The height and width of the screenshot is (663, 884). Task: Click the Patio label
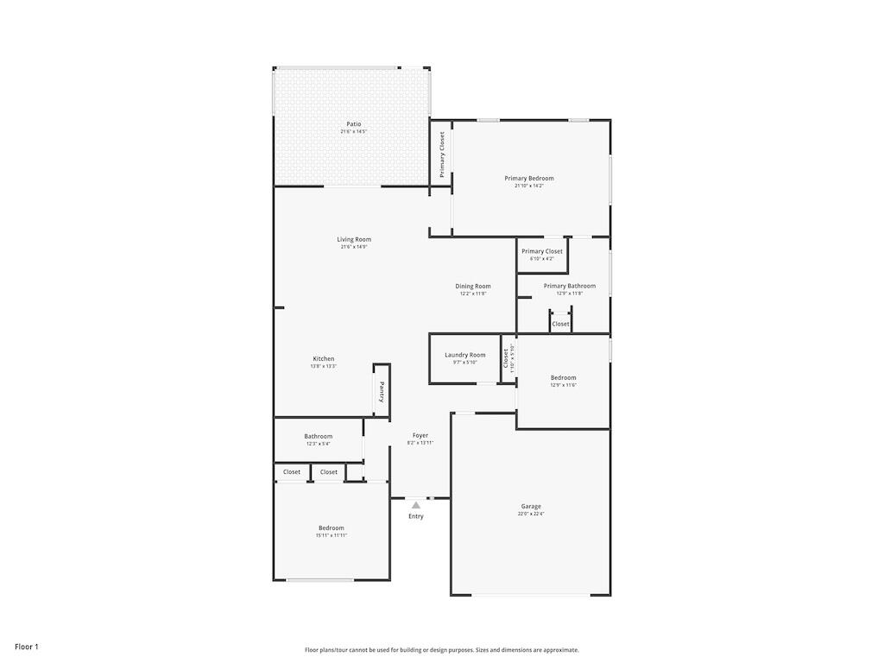coord(354,124)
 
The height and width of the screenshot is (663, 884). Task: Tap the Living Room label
coord(354,239)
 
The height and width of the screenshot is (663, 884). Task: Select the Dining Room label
coord(473,286)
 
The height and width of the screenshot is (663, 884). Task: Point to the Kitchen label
coord(324,358)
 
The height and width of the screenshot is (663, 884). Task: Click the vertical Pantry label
coord(382,392)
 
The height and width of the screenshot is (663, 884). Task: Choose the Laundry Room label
coord(465,355)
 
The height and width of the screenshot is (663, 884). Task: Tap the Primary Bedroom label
coord(529,178)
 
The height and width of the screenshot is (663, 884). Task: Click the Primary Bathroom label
coord(570,286)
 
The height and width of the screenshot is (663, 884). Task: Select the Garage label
coord(531,507)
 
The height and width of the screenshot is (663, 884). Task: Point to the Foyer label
coord(420,436)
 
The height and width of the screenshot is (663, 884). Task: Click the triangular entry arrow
coord(416,505)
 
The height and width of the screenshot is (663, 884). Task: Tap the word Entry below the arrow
coord(416,516)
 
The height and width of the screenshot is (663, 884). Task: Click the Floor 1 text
coord(27,647)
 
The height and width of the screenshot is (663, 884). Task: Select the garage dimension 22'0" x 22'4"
coord(531,514)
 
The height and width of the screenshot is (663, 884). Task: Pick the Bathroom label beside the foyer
coord(319,436)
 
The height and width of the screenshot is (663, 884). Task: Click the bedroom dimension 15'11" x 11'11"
coord(331,535)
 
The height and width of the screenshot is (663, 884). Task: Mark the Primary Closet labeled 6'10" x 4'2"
coord(542,251)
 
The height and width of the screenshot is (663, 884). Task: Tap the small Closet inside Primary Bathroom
coord(561,324)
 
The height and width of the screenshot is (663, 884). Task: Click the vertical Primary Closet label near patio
coord(442,154)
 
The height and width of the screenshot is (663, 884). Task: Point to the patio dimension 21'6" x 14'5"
coord(354,131)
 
